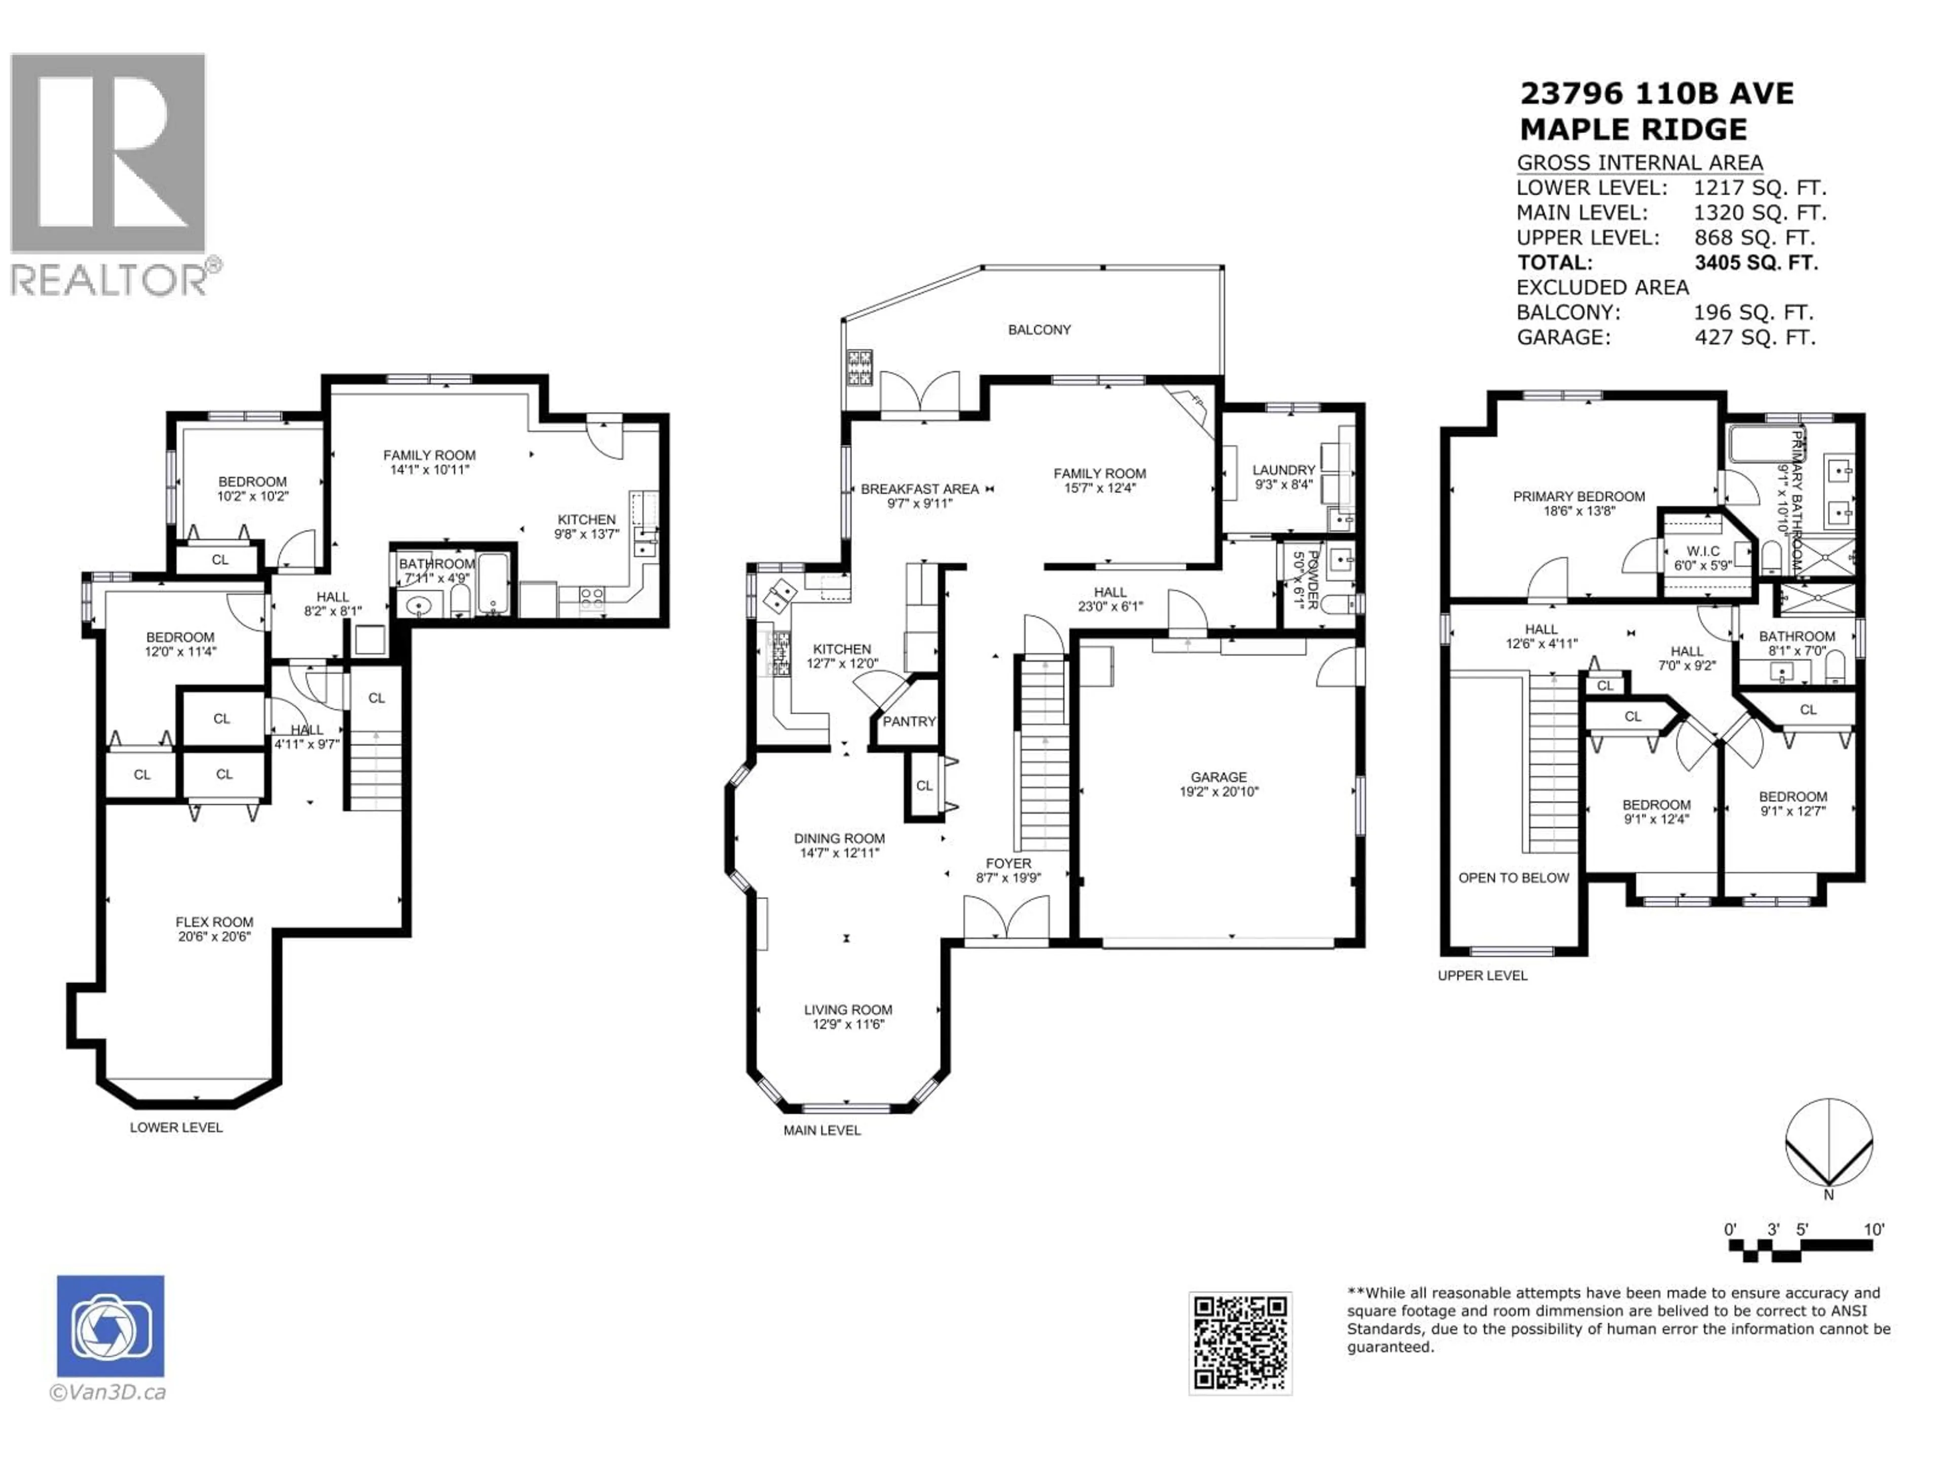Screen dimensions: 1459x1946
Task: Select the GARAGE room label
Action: point(1218,778)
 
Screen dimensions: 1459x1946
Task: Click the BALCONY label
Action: point(1039,330)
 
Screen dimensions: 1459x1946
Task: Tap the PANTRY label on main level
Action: point(909,721)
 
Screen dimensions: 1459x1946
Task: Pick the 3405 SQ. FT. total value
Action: point(1756,262)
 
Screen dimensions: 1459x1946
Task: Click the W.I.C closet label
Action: point(1703,551)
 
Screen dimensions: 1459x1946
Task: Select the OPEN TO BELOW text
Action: point(1513,878)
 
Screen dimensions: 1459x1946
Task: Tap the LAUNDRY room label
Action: point(1284,471)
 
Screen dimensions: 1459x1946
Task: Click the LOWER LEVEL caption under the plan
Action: point(176,1128)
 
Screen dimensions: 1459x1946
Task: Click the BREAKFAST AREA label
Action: point(919,489)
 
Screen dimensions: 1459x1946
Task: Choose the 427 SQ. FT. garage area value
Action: point(1754,337)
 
